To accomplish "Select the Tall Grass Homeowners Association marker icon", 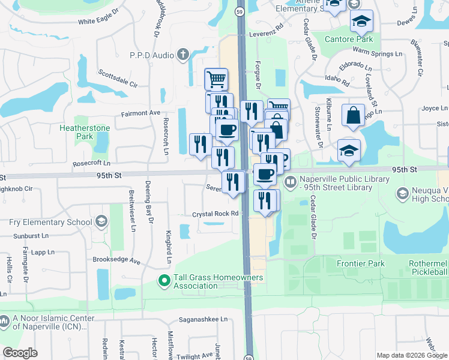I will [x=163, y=280].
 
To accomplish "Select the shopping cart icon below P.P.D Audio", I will [x=216, y=79].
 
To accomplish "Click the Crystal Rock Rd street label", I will [x=215, y=214].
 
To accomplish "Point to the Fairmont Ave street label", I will [x=141, y=113].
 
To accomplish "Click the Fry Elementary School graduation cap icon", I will [x=101, y=222].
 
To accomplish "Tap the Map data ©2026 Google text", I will [x=411, y=355].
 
